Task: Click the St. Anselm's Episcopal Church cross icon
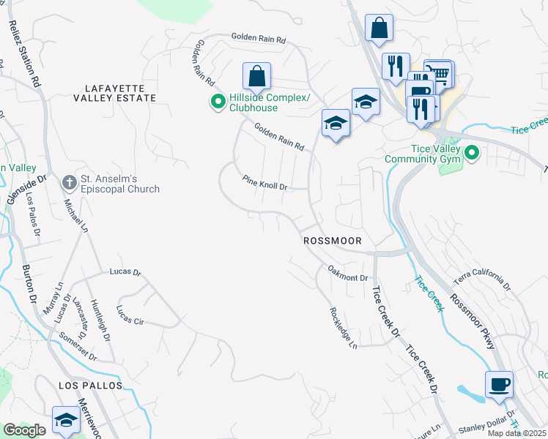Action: coord(70,181)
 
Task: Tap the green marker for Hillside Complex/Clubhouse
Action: coord(218,102)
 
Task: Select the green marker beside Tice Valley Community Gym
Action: coord(472,153)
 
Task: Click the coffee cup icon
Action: coord(499,385)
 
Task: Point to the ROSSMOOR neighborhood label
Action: coord(338,241)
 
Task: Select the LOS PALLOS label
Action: coord(89,383)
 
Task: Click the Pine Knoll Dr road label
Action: coord(264,182)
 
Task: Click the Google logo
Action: coord(24,430)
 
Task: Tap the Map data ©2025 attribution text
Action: coord(517,433)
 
